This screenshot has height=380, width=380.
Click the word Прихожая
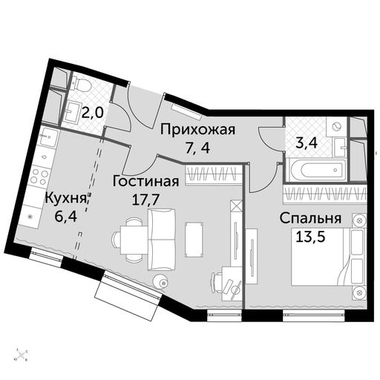pos(197,130)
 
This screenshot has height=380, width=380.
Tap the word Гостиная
pos(145,183)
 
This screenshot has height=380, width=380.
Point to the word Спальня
pos(311,218)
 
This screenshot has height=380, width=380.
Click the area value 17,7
pos(145,200)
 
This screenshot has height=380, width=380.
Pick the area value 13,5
pos(310,237)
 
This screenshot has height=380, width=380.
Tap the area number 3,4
pos(307,143)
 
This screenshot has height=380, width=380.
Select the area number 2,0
pos(92,114)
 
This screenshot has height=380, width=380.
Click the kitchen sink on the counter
pos(49,137)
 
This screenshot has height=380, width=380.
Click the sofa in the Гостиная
pos(162,240)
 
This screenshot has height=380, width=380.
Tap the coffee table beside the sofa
pos(194,240)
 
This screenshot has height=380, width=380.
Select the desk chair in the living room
pos(217,283)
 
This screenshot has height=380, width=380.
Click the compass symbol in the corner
pos(22,355)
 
